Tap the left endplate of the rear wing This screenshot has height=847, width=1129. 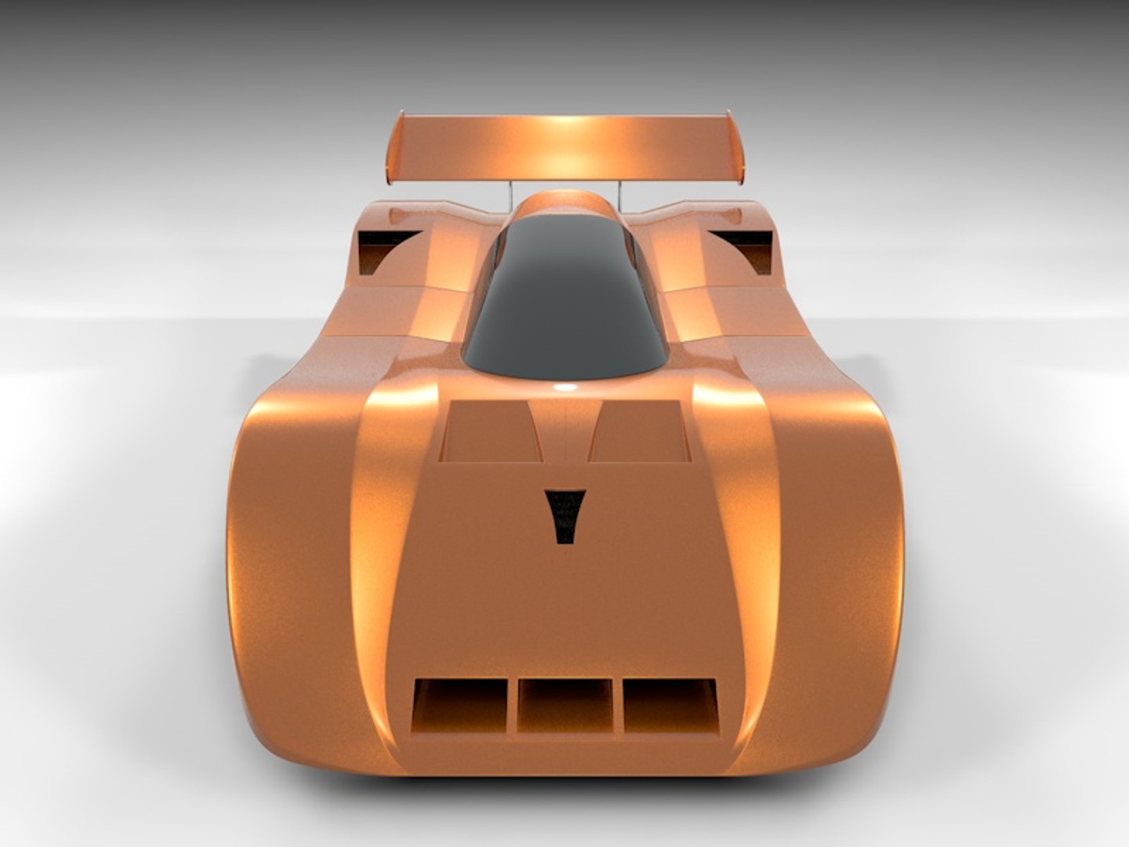[x=395, y=149]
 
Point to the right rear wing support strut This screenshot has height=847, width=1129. [x=619, y=192]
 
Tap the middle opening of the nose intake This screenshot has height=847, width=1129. [x=564, y=706]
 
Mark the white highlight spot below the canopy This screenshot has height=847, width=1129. [x=564, y=387]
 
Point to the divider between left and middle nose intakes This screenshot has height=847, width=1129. [x=512, y=707]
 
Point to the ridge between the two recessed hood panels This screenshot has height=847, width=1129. [x=564, y=431]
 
